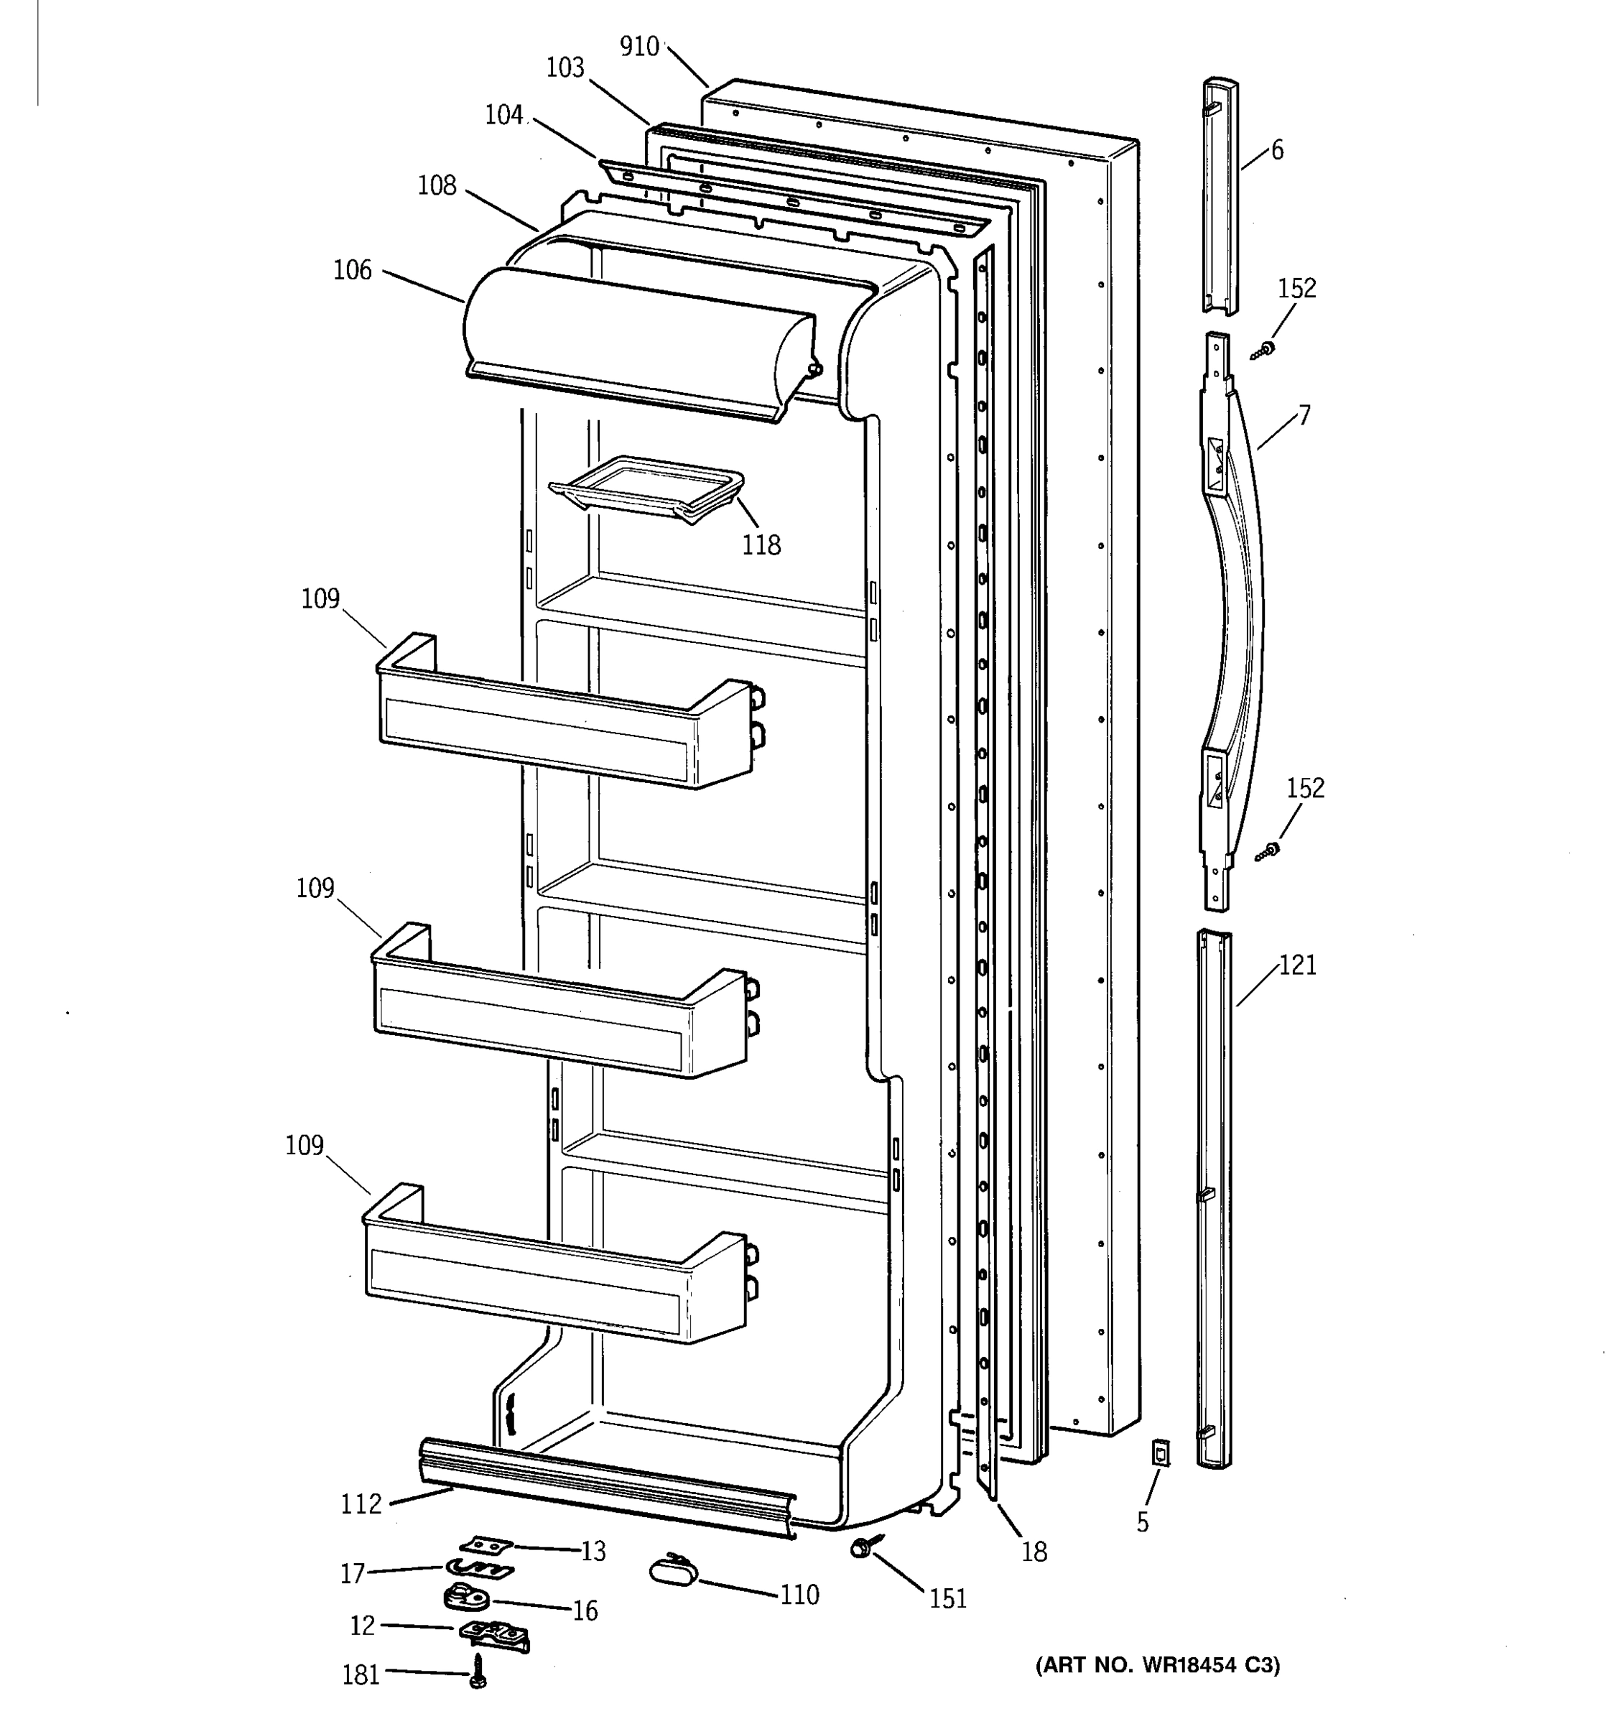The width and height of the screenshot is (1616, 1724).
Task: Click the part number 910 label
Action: click(x=639, y=47)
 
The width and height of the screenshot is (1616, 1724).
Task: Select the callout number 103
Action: click(x=565, y=68)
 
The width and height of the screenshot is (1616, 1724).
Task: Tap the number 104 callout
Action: click(x=503, y=114)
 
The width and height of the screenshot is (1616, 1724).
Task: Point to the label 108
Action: click(x=436, y=185)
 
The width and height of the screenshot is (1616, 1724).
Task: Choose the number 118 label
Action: click(x=761, y=545)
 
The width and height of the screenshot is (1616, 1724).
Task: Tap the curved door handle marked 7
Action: click(x=1231, y=624)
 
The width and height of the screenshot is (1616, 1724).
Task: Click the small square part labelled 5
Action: click(x=1160, y=1452)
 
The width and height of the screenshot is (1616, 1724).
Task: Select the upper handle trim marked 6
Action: click(x=1220, y=195)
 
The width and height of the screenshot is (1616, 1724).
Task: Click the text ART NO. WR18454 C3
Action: click(x=1157, y=1665)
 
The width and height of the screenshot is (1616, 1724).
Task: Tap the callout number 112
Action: click(x=361, y=1503)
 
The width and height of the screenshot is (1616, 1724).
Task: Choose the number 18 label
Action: click(x=1034, y=1552)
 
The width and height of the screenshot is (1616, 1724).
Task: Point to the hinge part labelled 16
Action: click(x=464, y=1597)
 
